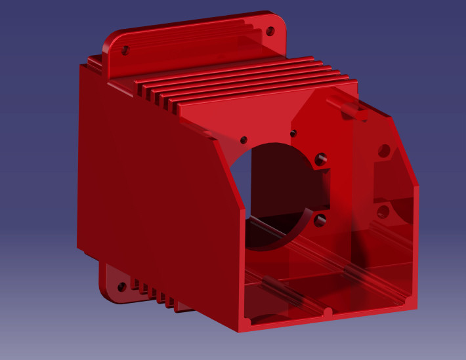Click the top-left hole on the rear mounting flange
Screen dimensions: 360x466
click(126, 50)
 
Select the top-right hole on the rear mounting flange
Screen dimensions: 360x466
click(268, 30)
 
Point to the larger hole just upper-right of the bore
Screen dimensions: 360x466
click(321, 159)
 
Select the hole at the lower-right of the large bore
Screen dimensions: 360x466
click(320, 220)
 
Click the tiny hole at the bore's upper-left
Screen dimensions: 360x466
click(244, 140)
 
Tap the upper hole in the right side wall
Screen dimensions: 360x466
click(384, 151)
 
